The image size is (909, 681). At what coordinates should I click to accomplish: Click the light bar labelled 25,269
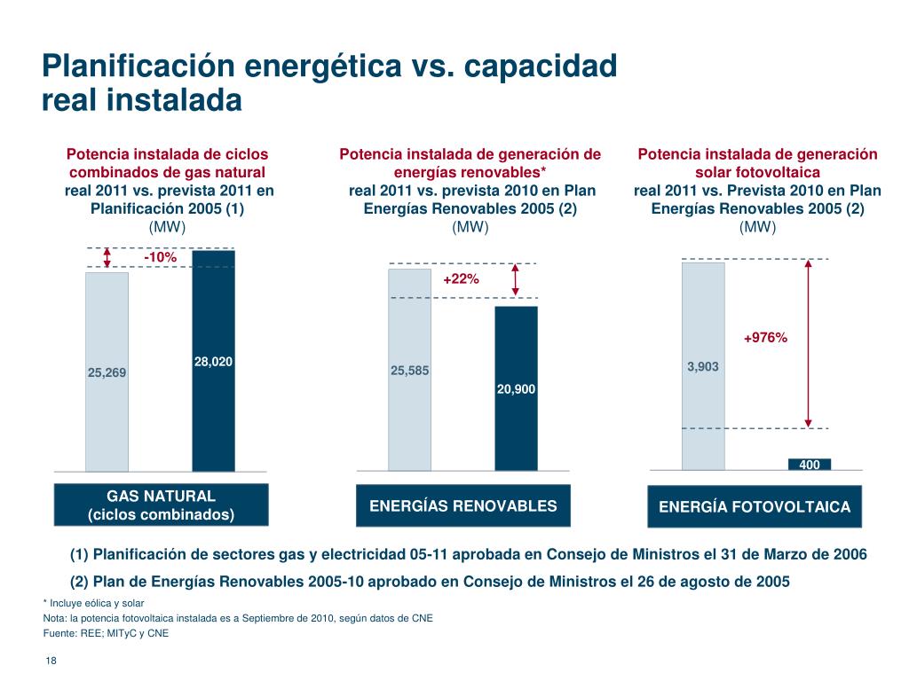(107, 372)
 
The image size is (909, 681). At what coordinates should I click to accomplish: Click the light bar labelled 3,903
(703, 365)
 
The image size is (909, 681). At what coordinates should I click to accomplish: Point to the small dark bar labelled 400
(810, 464)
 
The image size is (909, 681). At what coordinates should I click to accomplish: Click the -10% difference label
(161, 257)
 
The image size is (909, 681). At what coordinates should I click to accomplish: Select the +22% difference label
(461, 278)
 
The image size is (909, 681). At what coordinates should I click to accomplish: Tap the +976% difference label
(765, 337)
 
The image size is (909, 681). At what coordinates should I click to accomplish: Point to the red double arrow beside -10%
(107, 257)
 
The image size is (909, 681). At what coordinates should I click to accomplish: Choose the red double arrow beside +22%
(516, 280)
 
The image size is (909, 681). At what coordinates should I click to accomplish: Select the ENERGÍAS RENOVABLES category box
(462, 506)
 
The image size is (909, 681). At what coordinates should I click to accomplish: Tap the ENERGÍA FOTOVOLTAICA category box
(755, 507)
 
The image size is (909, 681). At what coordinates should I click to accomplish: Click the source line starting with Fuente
(106, 633)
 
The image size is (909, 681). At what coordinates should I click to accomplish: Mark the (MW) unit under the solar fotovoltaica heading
(757, 227)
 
